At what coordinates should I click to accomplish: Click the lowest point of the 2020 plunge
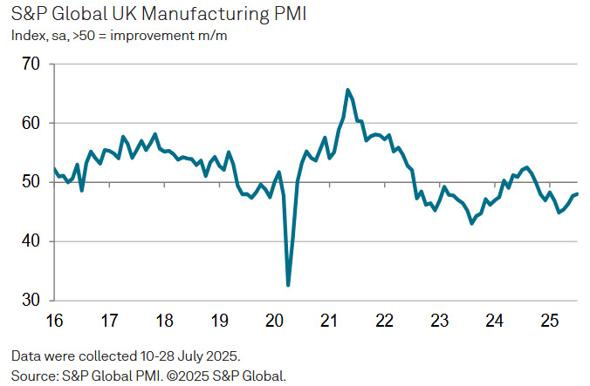pos(288,285)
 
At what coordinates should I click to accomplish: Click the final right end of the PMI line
pos(578,193)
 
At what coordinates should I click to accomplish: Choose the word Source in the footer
pos(33,375)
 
